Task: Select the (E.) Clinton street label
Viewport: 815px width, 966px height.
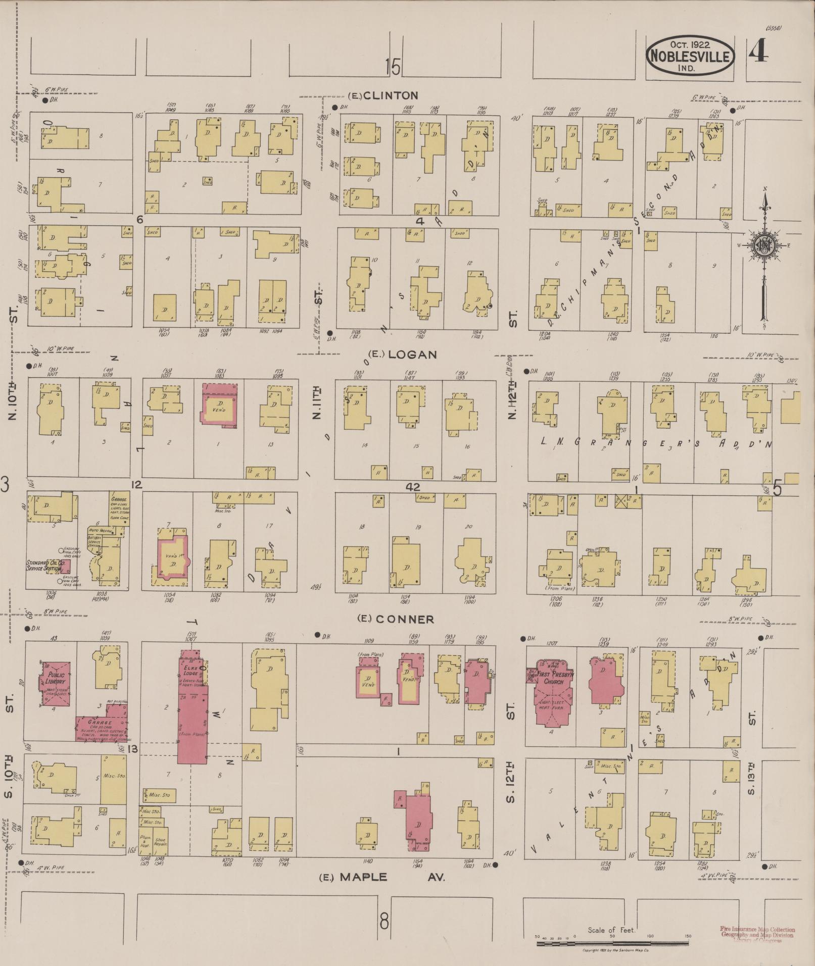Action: [383, 95]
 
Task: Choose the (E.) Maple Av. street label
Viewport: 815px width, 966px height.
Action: [382, 877]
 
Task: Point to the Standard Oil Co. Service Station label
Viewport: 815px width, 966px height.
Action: [44, 565]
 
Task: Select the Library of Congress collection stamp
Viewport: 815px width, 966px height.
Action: [757, 935]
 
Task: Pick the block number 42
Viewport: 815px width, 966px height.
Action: [413, 487]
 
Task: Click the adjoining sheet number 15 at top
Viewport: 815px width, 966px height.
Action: [392, 67]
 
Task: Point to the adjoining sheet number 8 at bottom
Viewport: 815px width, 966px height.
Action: [384, 922]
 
